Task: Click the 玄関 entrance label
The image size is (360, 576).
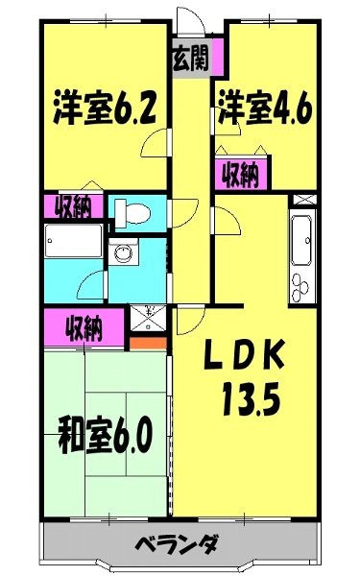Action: (192, 56)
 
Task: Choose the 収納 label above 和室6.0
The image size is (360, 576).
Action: (84, 328)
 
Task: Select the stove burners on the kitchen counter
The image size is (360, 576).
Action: (300, 283)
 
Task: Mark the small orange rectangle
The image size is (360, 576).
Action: (141, 340)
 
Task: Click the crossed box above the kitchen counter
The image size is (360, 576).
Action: (301, 200)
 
